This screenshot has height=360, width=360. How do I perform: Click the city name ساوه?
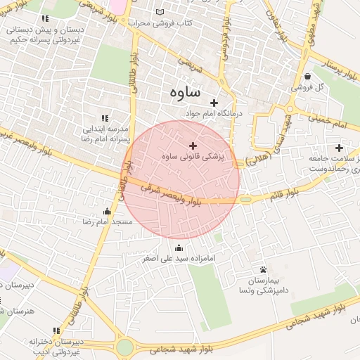point(185,92)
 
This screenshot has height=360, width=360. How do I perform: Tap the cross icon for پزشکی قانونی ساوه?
point(193,146)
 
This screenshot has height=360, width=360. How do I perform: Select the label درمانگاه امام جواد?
point(213,113)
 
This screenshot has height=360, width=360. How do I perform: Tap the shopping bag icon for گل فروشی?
point(308,77)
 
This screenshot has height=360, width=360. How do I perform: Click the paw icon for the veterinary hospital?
point(263,269)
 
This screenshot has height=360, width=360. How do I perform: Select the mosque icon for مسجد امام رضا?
point(107,211)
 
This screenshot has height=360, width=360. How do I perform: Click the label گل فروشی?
point(330,86)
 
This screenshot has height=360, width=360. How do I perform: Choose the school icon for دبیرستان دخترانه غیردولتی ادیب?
point(56,330)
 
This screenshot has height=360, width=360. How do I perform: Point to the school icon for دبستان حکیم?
point(46,18)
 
